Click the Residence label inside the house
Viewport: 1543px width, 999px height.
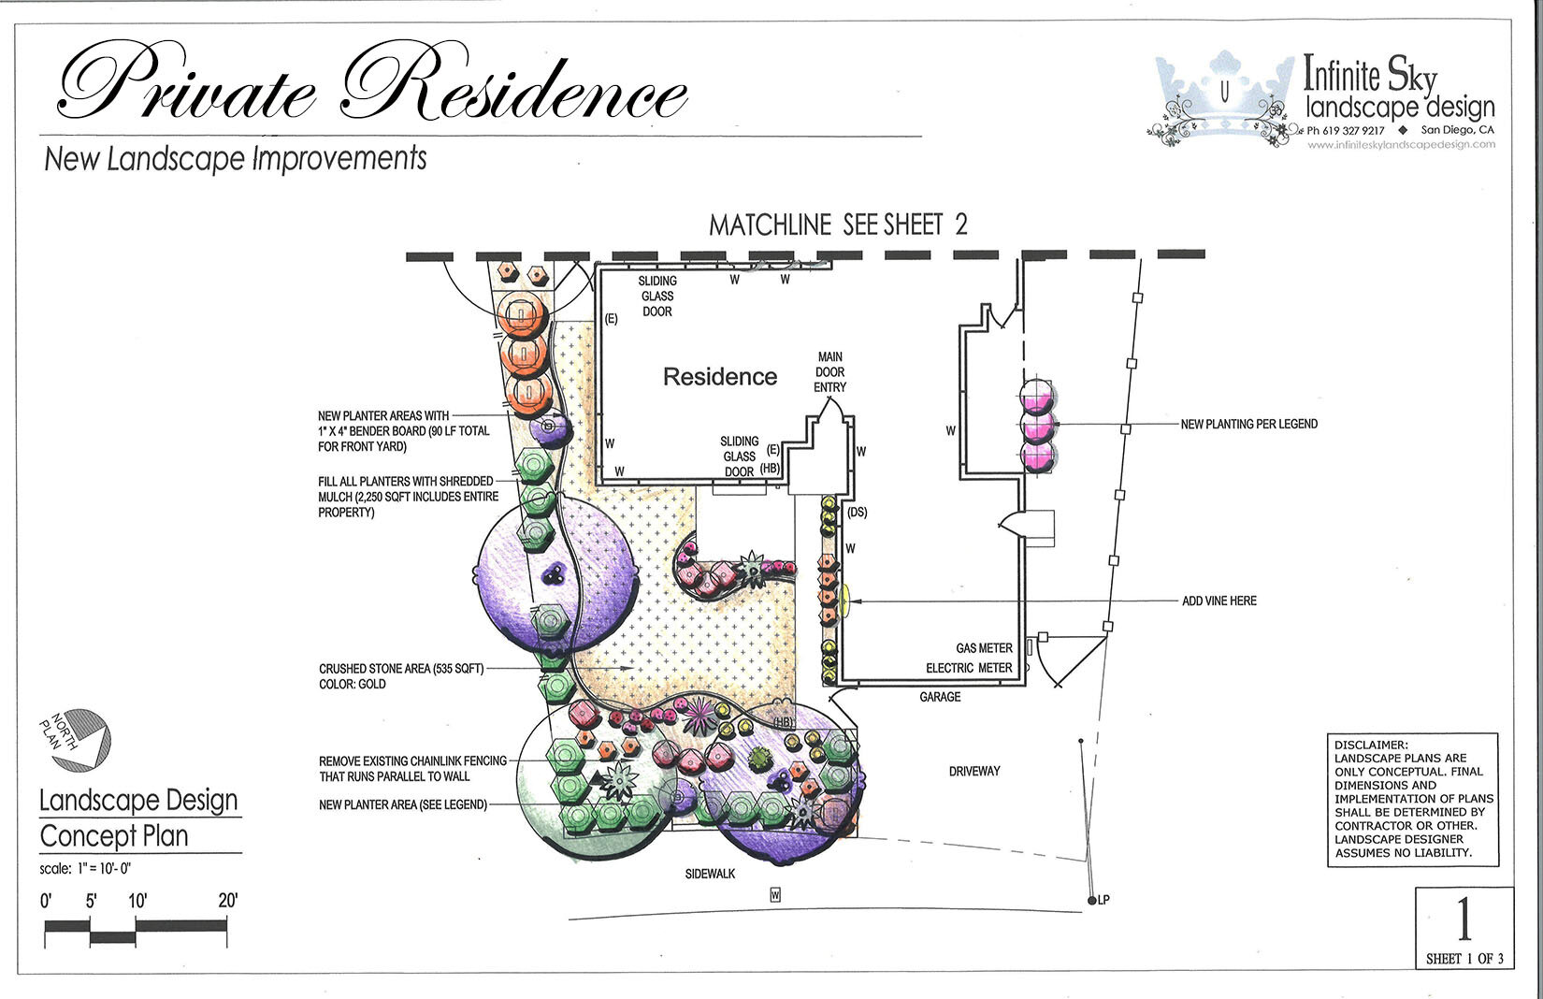(x=719, y=377)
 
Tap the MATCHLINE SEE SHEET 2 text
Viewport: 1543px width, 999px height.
(x=838, y=225)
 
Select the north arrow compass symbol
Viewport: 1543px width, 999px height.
(x=78, y=739)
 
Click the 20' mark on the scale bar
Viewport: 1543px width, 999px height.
(x=227, y=902)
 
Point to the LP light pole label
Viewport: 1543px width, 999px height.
(x=1103, y=900)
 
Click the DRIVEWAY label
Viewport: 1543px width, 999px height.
(x=974, y=772)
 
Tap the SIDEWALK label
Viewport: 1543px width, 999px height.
(x=710, y=874)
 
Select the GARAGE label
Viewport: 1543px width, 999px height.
(x=940, y=697)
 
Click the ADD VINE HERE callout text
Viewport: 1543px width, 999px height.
(x=1219, y=601)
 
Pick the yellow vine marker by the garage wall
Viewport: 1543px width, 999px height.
(x=844, y=600)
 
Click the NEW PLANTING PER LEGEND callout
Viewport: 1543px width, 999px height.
(x=1248, y=425)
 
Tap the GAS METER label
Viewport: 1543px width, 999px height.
(x=984, y=648)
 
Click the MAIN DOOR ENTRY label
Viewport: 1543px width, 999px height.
(x=829, y=371)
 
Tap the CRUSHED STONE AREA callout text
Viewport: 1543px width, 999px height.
(x=401, y=669)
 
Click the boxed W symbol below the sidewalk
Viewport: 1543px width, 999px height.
(x=775, y=895)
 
